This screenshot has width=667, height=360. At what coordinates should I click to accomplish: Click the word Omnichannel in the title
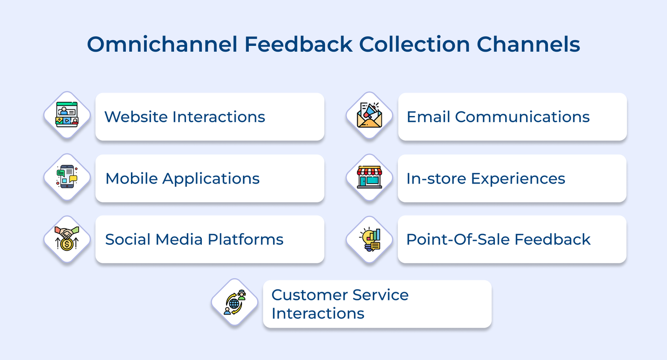tap(162, 44)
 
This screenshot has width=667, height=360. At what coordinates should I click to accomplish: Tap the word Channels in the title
tap(528, 44)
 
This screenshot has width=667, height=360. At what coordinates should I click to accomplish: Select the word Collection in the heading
tap(414, 44)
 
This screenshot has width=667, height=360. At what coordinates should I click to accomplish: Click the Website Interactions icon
tap(67, 115)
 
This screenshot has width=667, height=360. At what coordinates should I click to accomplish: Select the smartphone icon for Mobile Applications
tap(67, 177)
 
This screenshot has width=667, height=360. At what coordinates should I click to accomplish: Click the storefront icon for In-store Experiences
tap(369, 177)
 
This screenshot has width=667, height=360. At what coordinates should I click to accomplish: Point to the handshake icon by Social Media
tap(67, 239)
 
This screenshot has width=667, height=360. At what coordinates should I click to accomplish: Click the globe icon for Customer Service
tap(235, 302)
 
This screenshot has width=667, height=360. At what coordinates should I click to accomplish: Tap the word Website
tap(136, 117)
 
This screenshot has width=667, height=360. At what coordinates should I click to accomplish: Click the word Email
tap(428, 117)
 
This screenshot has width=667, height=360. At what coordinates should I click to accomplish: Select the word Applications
tap(211, 179)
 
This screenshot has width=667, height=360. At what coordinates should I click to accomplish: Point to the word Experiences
tap(518, 179)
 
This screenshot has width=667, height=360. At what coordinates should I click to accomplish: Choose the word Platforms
tap(246, 239)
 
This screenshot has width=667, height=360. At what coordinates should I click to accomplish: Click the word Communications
tap(522, 117)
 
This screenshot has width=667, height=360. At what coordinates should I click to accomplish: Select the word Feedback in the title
tap(298, 44)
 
